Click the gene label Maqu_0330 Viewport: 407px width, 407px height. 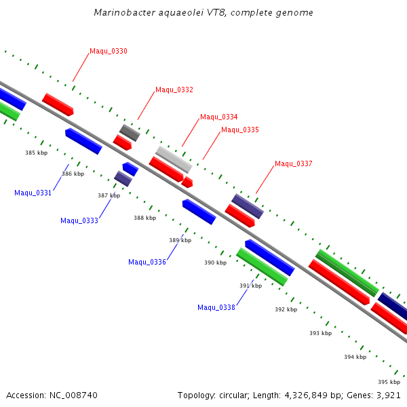(109, 52)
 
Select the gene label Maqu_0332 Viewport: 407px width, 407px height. (174, 90)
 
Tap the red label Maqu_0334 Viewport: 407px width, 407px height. (219, 117)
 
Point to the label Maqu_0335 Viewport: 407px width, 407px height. (240, 130)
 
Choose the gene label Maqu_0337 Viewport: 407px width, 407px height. (294, 163)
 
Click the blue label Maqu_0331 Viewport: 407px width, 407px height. (33, 193)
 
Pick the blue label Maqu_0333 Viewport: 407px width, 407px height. (79, 220)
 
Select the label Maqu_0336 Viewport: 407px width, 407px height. (147, 263)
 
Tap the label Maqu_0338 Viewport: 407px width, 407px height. (216, 308)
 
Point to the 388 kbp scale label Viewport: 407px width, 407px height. (144, 218)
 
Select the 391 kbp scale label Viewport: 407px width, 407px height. (250, 286)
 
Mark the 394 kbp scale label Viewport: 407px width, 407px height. (355, 357)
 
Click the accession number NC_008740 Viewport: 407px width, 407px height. (71, 395)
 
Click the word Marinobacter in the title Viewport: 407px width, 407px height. (119, 13)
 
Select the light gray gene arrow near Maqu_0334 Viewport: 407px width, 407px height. (174, 159)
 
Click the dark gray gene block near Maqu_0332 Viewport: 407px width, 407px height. (130, 132)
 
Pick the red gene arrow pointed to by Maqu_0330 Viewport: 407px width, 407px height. (58, 104)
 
